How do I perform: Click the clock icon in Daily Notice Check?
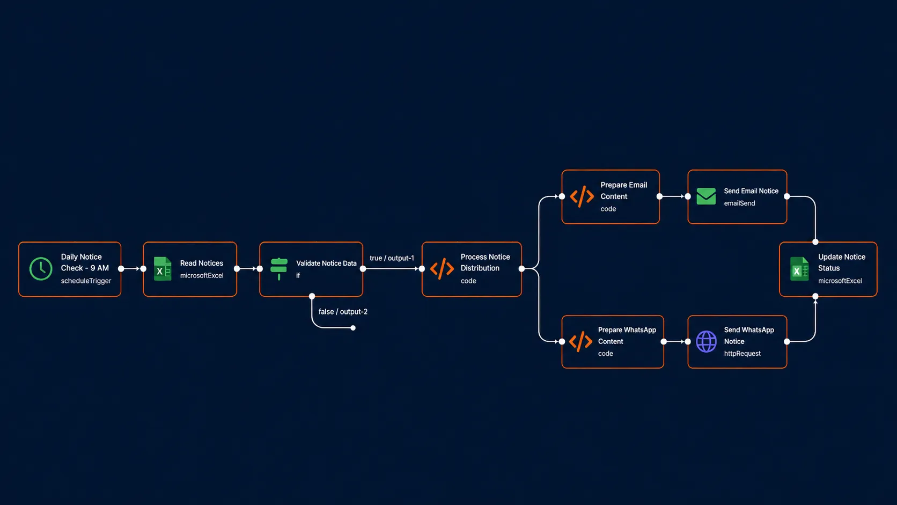point(41,269)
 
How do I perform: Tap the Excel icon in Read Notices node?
point(163,269)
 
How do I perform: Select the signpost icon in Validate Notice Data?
point(279,269)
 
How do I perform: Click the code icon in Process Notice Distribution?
point(442,269)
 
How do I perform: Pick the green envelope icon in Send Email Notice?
point(706,196)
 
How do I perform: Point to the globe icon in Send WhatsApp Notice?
point(707,342)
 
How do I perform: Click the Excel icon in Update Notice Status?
point(799,269)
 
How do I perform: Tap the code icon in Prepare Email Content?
point(582,196)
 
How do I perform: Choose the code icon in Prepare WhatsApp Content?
point(580,342)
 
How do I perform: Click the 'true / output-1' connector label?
point(392,258)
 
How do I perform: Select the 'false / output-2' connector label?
point(343,312)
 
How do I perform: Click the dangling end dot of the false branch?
point(353,328)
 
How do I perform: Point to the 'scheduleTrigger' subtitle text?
point(86,281)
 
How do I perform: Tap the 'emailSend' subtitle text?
point(740,203)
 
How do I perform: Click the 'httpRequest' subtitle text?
point(742,354)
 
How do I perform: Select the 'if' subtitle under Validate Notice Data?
point(298,275)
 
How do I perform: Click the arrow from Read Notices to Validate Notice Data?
point(248,269)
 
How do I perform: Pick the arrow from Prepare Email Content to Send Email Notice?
point(673,196)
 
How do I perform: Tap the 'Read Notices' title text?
point(201,263)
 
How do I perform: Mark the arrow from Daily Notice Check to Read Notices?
point(132,269)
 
